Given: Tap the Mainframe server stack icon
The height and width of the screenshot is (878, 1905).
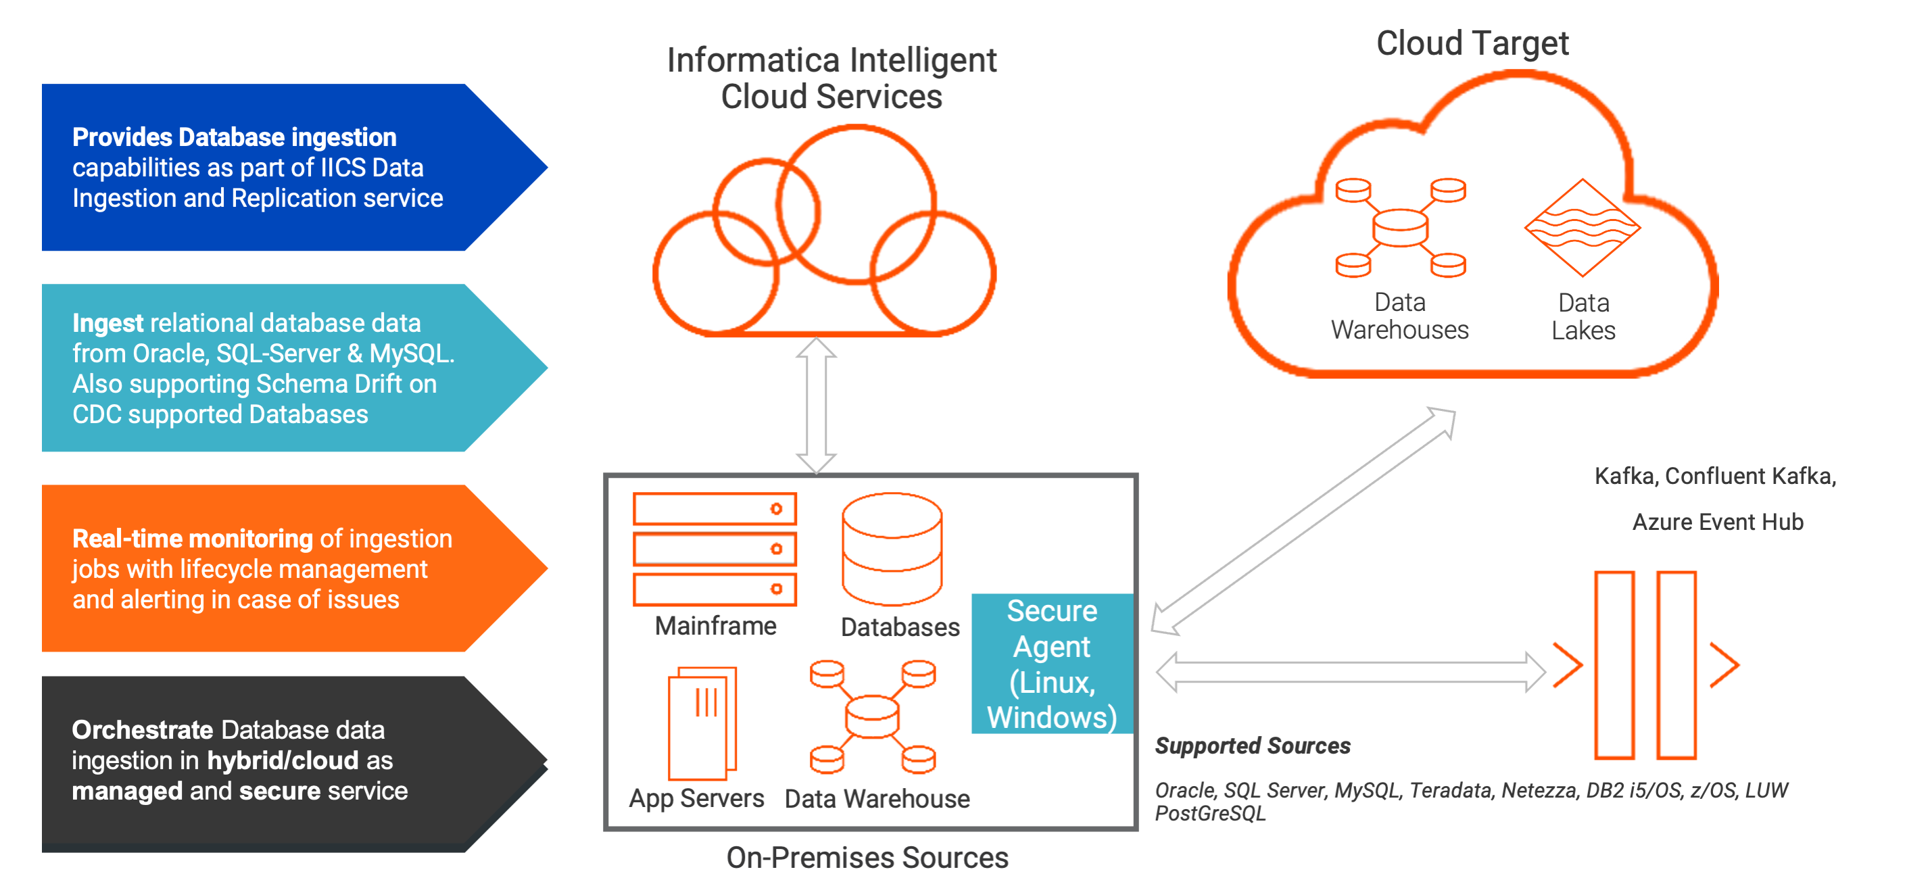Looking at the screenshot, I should tap(715, 549).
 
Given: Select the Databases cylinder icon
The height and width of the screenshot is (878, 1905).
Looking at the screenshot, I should tap(892, 549).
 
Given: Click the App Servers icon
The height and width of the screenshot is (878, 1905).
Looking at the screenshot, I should tap(702, 723).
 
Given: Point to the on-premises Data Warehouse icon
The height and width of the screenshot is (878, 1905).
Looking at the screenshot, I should tap(873, 716).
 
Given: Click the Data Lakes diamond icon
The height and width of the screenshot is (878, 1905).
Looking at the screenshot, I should tap(1582, 228).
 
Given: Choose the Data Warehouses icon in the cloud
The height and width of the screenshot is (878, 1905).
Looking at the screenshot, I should tap(1400, 228).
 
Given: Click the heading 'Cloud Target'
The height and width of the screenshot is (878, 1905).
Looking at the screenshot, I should tap(1472, 43).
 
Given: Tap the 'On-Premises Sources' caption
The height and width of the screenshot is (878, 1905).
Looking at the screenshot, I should tap(867, 857).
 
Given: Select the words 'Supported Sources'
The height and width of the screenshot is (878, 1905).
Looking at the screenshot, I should tap(1252, 746).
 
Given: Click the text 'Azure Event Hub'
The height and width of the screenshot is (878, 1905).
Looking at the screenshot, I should tap(1717, 522).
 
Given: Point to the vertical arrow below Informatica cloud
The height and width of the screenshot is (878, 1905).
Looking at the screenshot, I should tap(816, 406).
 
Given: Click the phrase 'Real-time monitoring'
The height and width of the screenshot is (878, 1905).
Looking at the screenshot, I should tap(192, 539).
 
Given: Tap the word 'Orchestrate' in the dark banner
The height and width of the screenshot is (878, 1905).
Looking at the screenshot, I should tap(142, 730).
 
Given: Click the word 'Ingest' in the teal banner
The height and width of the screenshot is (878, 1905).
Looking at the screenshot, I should tap(107, 323).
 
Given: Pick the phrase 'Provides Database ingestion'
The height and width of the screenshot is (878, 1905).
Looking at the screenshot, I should tap(234, 137).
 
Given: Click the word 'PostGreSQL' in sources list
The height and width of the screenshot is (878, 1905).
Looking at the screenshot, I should tap(1210, 814).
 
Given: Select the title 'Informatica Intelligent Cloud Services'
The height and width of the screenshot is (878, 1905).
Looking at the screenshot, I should tap(831, 78).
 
